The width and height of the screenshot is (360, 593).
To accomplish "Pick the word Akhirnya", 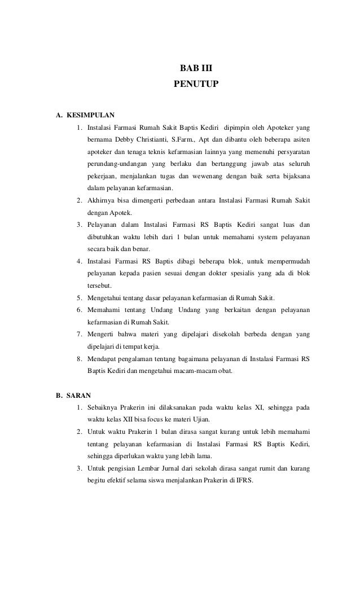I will (102, 200).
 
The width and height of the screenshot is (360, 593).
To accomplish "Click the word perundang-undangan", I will (116, 164).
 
